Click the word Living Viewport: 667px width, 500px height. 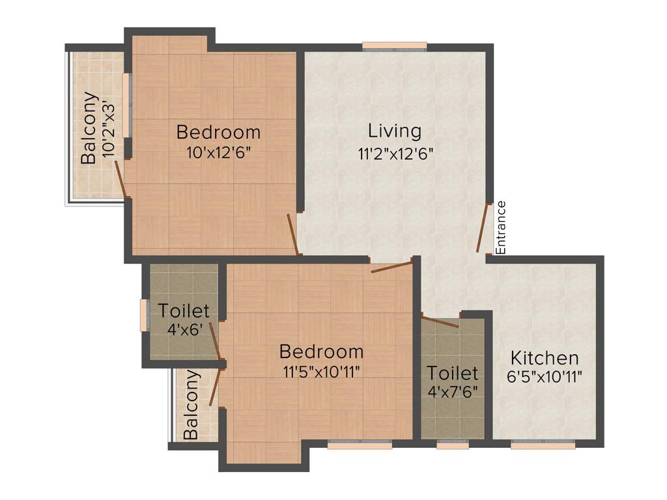point(395,131)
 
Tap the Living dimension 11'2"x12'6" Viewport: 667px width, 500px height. point(394,154)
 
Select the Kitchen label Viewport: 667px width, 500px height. point(545,358)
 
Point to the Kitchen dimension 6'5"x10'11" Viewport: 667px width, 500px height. point(545,376)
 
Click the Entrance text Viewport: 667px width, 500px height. point(501,227)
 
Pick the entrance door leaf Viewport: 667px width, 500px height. point(484,228)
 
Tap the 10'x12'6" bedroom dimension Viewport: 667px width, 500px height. point(218,153)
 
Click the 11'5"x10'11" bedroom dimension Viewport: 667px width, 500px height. point(322,372)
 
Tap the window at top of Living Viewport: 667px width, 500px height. point(395,46)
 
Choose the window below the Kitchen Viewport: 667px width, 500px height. point(543,445)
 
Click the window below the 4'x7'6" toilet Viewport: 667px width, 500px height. point(453,445)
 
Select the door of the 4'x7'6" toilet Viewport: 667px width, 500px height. point(440,320)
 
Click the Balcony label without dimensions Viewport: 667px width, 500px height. point(192,405)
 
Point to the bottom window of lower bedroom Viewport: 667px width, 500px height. point(360,445)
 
